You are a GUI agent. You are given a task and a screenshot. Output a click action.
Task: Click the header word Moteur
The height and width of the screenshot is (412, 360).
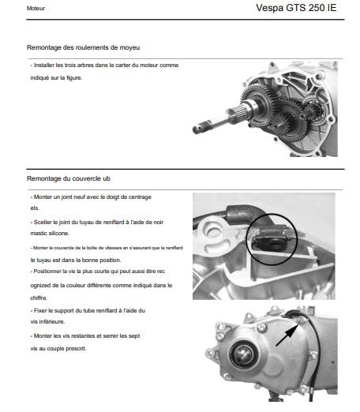coord(36,9)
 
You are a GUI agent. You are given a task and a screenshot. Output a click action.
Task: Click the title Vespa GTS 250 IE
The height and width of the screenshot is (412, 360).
coord(296,8)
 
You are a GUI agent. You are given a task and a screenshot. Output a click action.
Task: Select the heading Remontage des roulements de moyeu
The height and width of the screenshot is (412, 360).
coord(83,47)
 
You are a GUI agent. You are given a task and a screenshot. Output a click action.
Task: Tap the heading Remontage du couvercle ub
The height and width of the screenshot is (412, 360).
coord(69,178)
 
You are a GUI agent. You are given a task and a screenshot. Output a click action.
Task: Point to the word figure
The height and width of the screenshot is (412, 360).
coord(74,78)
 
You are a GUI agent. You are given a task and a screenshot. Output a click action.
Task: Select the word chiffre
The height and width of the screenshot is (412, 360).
coord(39,298)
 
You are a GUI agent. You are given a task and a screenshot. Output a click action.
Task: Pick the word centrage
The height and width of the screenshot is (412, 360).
coord(140,197)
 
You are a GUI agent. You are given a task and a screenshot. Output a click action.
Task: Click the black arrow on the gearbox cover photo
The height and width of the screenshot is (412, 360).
coord(287,335)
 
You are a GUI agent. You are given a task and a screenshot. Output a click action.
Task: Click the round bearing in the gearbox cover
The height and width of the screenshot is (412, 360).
coord(243,354)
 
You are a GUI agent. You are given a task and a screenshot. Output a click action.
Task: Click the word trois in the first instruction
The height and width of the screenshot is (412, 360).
coord(70,66)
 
